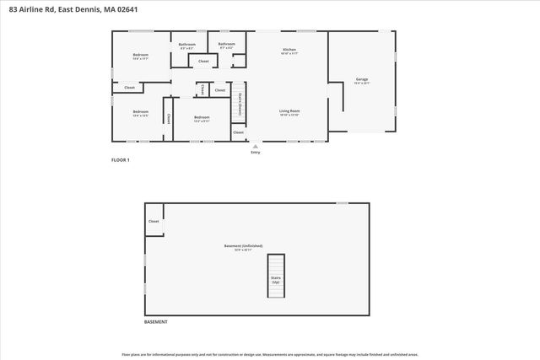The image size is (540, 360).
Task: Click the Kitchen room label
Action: pyautogui.click(x=289, y=51)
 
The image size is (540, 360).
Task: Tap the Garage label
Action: pyautogui.click(x=361, y=80)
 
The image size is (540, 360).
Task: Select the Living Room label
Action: pyautogui.click(x=289, y=111)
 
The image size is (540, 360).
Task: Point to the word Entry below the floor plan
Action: pyautogui.click(x=256, y=153)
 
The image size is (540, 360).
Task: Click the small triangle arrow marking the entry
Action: pyautogui.click(x=256, y=145)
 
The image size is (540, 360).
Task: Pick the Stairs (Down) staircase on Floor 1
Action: pyautogui.click(x=240, y=102)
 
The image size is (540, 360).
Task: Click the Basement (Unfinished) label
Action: pyautogui.click(x=244, y=246)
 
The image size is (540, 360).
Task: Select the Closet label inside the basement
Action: pyautogui.click(x=154, y=222)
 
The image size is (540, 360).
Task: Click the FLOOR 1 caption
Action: pyautogui.click(x=121, y=159)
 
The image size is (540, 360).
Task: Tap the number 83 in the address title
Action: pyautogui.click(x=11, y=9)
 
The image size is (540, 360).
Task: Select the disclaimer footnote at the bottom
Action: pyautogui.click(x=270, y=354)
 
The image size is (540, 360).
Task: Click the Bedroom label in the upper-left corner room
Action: pyautogui.click(x=140, y=56)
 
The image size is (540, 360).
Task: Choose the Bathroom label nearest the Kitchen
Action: pyautogui.click(x=226, y=45)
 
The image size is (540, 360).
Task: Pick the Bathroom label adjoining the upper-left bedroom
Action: pyautogui.click(x=187, y=45)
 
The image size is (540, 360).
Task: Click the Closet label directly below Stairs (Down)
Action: pyautogui.click(x=238, y=132)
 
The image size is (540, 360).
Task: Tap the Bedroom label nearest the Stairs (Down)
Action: pyautogui.click(x=201, y=118)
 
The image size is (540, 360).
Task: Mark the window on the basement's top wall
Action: pyautogui.click(x=342, y=202)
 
